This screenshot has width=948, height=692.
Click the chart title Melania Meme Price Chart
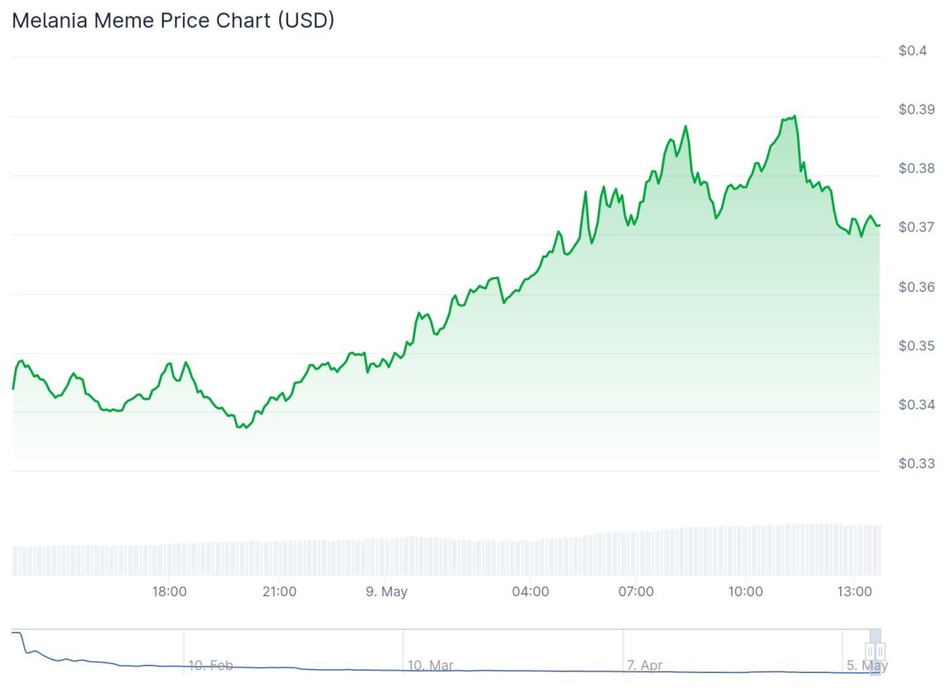coord(173,21)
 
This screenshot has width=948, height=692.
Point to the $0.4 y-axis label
coord(912,51)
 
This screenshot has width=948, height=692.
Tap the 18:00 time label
coord(170,591)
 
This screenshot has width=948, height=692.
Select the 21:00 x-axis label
coord(279,591)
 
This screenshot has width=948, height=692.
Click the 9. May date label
coord(386,591)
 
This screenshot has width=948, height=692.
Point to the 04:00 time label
coord(530,591)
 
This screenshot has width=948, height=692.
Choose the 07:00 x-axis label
coord(636,591)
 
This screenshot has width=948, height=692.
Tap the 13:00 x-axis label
coord(855,591)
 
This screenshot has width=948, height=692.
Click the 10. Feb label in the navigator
coord(210,665)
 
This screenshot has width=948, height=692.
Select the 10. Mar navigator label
coord(430,665)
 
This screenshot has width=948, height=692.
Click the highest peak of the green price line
coord(795,116)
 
